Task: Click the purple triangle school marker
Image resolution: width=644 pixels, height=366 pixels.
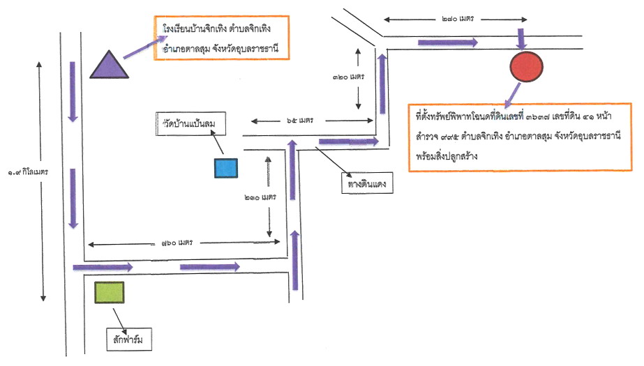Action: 110,66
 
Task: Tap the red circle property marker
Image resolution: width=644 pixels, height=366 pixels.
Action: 527,66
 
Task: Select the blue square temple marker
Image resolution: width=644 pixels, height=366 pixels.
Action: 226,168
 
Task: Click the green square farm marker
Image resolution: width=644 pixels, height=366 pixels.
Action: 110,293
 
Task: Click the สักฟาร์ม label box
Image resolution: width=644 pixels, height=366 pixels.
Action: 129,340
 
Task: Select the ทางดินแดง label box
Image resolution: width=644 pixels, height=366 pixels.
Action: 367,183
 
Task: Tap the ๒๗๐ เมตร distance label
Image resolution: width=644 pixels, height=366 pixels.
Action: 458,19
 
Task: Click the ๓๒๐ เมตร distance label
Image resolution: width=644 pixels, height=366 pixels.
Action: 349,77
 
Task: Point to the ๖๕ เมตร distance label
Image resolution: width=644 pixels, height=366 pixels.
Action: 300,121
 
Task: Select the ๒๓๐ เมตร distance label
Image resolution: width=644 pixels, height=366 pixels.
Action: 260,198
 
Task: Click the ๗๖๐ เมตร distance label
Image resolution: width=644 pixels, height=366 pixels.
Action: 177,243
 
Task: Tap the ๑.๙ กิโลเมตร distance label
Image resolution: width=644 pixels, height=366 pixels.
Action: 28,172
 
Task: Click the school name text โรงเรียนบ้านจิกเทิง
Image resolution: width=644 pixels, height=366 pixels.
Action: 194,29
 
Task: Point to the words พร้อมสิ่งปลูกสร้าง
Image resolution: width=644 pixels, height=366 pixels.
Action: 447,156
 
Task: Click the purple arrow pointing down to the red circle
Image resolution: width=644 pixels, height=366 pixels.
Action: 521,39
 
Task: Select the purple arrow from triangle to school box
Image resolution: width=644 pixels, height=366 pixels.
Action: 145,47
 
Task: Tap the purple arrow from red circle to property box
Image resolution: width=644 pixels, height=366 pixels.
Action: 513,96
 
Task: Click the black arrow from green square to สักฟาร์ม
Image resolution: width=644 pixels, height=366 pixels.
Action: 120,319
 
